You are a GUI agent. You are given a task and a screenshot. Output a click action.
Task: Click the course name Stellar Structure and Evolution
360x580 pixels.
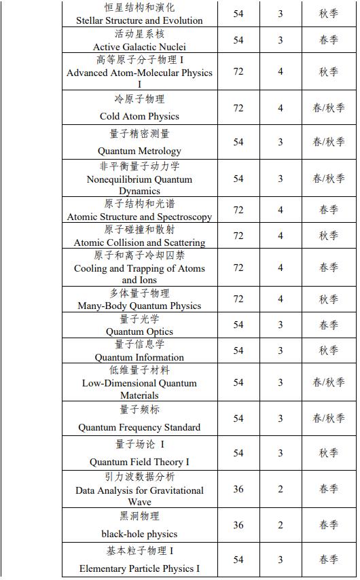point(139,20)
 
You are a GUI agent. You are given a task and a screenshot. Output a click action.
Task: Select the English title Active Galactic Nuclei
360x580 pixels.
point(139,47)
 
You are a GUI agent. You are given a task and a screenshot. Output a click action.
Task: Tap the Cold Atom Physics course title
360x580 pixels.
point(139,116)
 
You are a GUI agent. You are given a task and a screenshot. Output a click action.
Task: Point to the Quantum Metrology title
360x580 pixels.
point(139,151)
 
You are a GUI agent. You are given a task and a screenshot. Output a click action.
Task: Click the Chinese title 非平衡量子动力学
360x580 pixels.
point(139,166)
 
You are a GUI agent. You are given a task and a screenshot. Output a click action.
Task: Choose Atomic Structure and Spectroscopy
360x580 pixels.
point(139,217)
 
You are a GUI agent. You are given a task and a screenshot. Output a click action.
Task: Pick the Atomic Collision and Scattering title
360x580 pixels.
point(139,242)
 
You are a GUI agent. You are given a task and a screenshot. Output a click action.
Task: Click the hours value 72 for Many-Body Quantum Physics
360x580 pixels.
point(238,299)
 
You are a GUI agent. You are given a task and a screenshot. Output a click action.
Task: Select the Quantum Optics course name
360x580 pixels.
point(139,331)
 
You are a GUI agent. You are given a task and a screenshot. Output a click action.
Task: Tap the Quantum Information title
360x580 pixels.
point(139,357)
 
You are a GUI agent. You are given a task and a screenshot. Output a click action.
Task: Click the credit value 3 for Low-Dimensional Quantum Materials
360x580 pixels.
point(281,382)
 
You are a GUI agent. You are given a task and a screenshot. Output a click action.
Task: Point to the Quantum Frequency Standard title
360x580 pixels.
point(139,427)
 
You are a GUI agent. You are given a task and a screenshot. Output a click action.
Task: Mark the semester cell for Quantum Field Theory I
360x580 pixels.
point(329,453)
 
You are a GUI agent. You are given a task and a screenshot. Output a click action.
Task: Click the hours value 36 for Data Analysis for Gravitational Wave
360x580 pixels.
point(238,489)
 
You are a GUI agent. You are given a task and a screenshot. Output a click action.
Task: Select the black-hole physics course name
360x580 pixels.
point(139,533)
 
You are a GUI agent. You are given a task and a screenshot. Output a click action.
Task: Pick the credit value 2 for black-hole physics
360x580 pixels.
point(281,525)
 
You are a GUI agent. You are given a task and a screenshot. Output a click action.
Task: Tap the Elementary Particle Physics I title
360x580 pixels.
point(139,568)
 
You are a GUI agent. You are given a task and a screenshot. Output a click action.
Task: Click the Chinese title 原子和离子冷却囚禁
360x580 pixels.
point(139,255)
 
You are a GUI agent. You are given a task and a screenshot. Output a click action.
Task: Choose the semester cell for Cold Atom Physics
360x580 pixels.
point(329,108)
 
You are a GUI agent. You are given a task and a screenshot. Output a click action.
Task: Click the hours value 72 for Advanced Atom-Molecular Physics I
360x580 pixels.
point(238,71)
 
